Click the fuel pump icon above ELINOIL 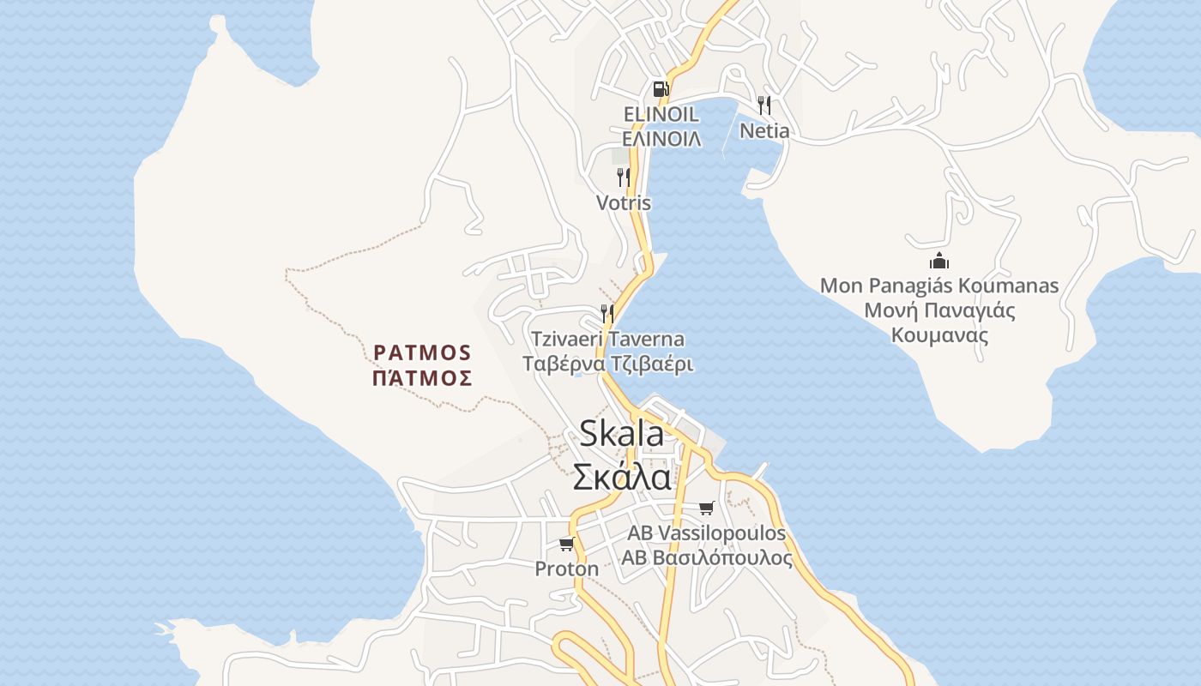[x=660, y=88]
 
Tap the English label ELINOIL [x=661, y=114]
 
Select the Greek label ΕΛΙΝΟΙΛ [x=661, y=138]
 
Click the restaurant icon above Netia [x=763, y=105]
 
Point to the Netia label [x=764, y=131]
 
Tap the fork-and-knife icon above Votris [x=624, y=178]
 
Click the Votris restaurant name [x=624, y=203]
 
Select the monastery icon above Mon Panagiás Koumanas [x=939, y=261]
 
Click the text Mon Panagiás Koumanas [x=939, y=286]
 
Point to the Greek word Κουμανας [x=939, y=334]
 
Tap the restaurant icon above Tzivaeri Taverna [x=607, y=313]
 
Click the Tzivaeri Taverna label [x=607, y=339]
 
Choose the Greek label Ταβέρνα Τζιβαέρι [x=607, y=364]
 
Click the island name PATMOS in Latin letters [x=422, y=352]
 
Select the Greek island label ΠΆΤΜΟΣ [x=422, y=377]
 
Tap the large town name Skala [x=622, y=433]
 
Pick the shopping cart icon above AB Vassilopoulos [x=706, y=508]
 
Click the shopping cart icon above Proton [x=566, y=544]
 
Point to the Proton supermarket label [x=566, y=569]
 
